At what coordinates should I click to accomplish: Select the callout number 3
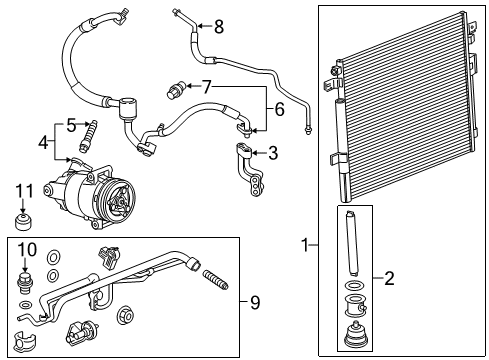pos(273,152)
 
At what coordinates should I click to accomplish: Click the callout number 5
pos(71,124)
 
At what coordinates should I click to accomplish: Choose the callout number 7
pos(207,88)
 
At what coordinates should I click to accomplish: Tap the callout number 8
pos(218,26)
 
